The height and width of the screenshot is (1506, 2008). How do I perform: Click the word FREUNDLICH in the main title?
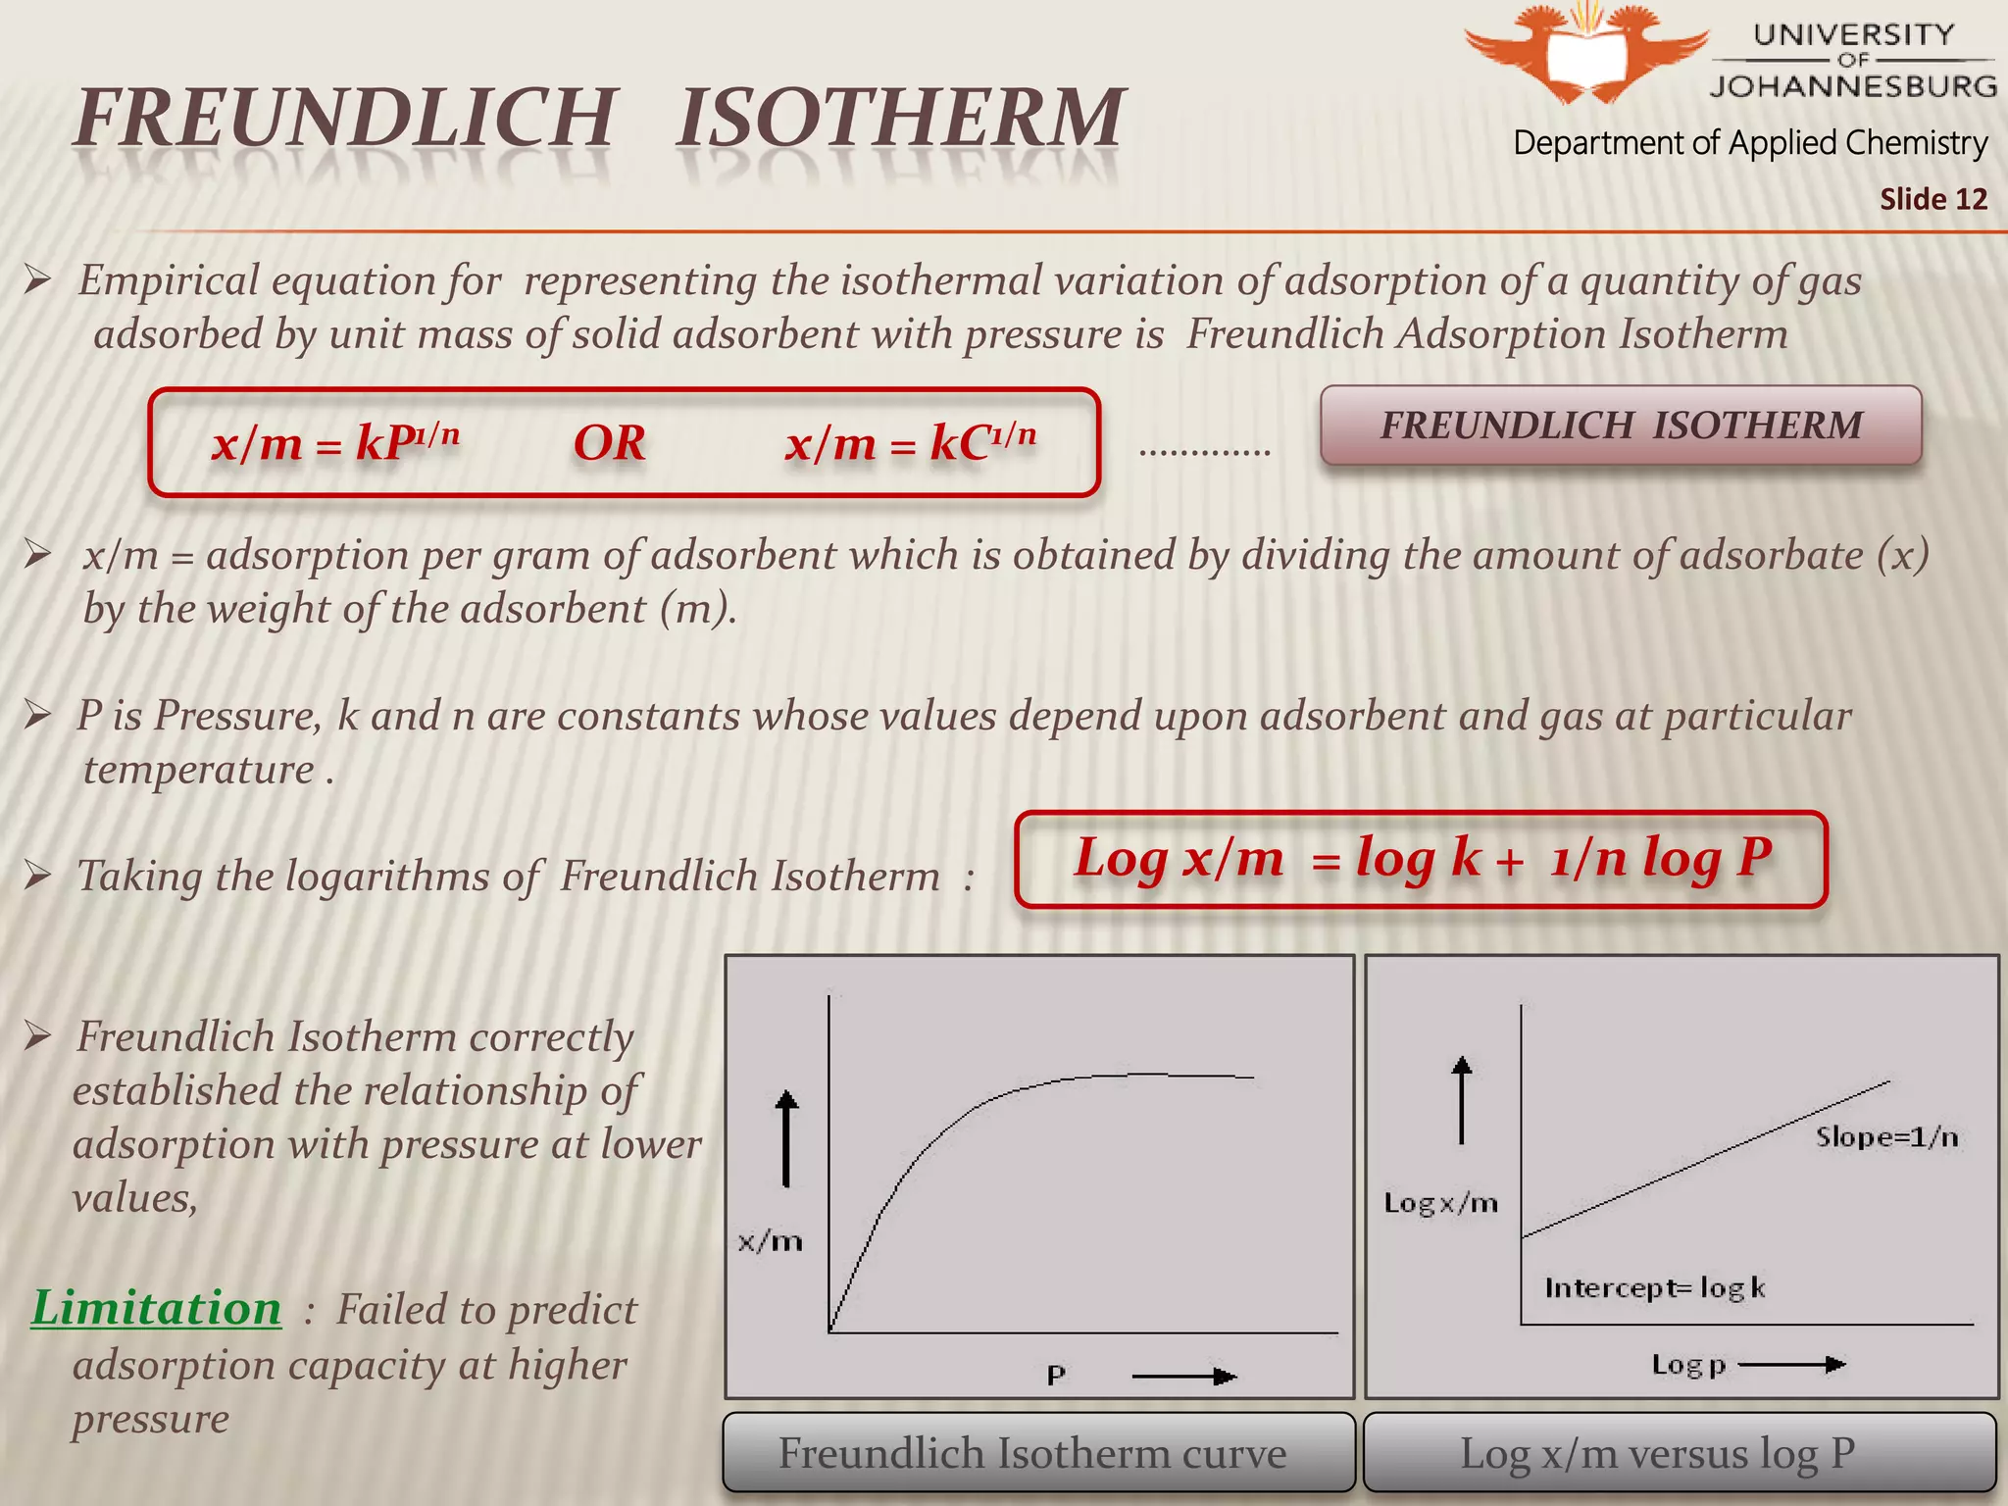tap(345, 118)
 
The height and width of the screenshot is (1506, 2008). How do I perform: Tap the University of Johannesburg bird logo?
tap(1586, 54)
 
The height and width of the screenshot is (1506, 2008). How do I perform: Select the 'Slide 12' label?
tap(1933, 199)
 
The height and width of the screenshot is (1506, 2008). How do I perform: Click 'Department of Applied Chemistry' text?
tap(1750, 143)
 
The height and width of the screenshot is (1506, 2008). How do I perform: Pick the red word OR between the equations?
tap(609, 443)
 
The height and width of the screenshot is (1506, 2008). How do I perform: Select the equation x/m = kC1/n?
tap(910, 442)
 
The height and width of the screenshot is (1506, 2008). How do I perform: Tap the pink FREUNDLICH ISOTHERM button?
tap(1621, 426)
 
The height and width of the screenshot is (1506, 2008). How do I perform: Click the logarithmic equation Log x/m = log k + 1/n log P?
tap(1422, 858)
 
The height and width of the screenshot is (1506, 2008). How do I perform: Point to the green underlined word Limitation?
tap(156, 1308)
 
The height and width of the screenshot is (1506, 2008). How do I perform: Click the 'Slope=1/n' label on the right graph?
tap(1886, 1137)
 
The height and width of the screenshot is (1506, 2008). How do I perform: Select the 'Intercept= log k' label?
tap(1655, 1287)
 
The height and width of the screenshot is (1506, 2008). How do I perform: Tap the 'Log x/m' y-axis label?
tap(1440, 1203)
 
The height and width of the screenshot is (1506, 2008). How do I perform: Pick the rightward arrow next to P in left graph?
tap(1184, 1377)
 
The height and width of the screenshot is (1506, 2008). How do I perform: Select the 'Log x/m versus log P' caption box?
tap(1680, 1453)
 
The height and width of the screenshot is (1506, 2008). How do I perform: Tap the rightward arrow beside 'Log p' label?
tap(1791, 1364)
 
